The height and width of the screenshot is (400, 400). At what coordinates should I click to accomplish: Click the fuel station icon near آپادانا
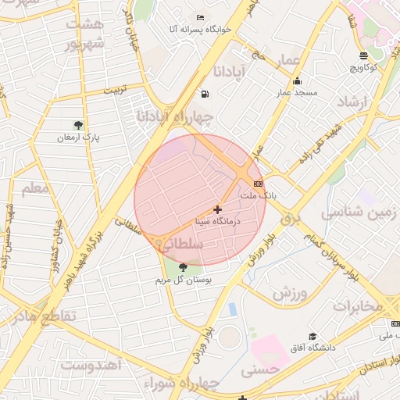pos(205,95)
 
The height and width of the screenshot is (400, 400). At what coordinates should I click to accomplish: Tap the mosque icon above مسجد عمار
pos(296,81)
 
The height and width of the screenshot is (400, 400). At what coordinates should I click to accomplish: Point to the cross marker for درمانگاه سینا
pos(217,209)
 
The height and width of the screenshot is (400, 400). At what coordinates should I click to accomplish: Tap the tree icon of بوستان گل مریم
pos(183,267)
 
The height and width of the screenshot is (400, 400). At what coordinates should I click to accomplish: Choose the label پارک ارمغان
pos(77,137)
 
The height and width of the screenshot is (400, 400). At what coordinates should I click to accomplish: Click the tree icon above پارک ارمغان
pos(77,125)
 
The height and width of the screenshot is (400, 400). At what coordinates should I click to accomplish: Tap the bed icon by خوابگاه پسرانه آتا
pos(201,17)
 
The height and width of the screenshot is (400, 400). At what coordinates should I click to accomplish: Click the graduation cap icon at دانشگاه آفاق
pos(312,336)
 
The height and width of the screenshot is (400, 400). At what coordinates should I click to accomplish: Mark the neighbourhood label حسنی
pos(259,372)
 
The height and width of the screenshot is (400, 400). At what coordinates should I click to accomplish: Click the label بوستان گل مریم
pos(183,279)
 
